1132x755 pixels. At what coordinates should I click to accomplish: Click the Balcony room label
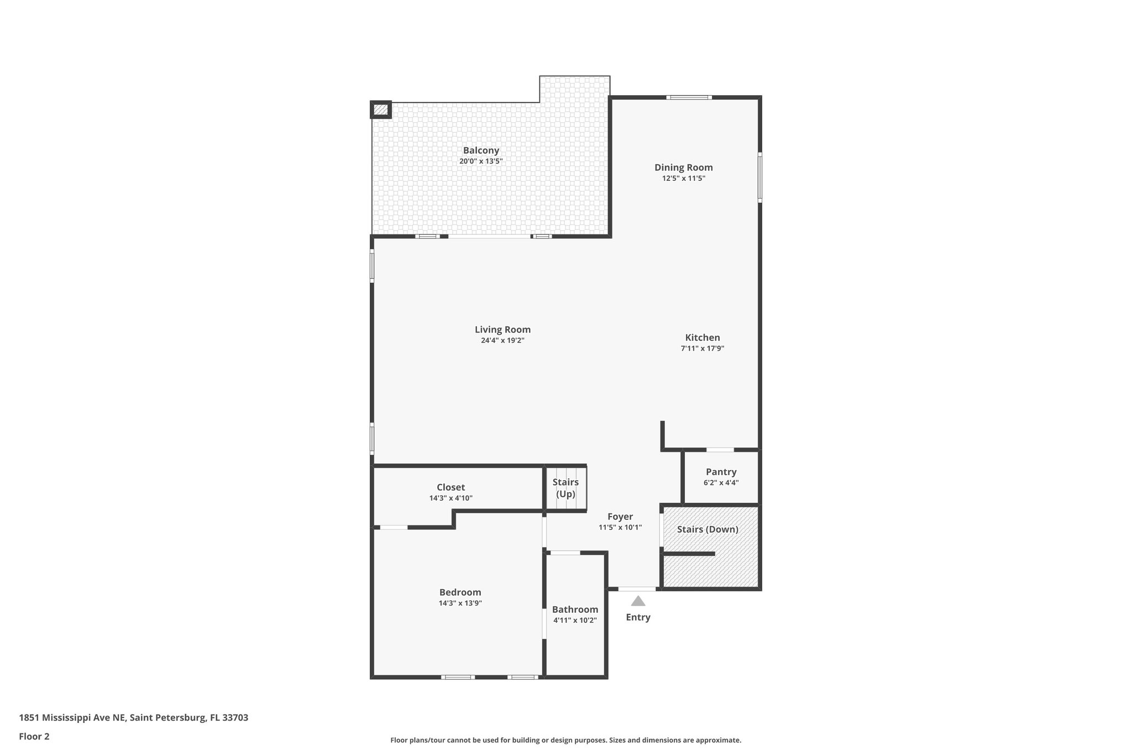click(x=481, y=150)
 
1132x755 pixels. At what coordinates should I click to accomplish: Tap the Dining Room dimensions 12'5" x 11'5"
click(x=684, y=179)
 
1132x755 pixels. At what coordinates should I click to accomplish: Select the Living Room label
click(x=502, y=330)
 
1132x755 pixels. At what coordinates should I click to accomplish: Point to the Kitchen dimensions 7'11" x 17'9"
click(x=703, y=348)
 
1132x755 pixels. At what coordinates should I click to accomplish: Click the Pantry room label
click(x=721, y=472)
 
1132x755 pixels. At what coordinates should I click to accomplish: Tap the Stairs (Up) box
click(x=566, y=488)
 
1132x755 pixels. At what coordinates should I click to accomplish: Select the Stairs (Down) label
click(x=707, y=529)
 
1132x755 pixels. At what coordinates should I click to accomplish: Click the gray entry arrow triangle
click(x=638, y=601)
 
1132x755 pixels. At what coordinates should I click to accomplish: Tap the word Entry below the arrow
click(x=638, y=617)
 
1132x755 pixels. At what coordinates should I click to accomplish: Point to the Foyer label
click(x=620, y=517)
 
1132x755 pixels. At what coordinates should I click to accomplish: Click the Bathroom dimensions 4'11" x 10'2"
click(x=575, y=620)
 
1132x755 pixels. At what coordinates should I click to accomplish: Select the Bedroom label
click(x=460, y=592)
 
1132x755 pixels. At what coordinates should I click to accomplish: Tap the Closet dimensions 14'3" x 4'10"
click(x=450, y=498)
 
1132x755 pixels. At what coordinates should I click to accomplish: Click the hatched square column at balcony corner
click(x=380, y=110)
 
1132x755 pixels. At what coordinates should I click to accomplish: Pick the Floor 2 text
click(x=34, y=736)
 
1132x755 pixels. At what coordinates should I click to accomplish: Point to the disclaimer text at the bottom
click(x=565, y=740)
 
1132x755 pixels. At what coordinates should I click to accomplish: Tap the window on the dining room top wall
click(x=688, y=97)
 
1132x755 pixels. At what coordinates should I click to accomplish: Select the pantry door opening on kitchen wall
click(x=720, y=450)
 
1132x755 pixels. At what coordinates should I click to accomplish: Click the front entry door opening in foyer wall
click(x=637, y=589)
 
